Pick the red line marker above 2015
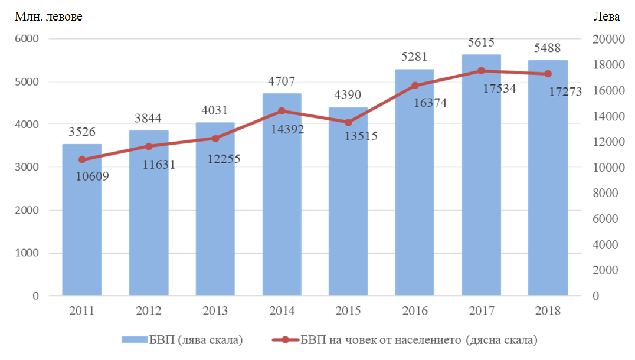pyautogui.click(x=348, y=123)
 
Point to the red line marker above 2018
pyautogui.click(x=548, y=74)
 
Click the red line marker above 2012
pyautogui.click(x=149, y=146)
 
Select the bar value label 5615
pyautogui.click(x=481, y=42)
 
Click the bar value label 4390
pyautogui.click(x=348, y=95)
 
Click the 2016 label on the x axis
pyautogui.click(x=414, y=311)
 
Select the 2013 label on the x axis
pyautogui.click(x=215, y=311)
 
